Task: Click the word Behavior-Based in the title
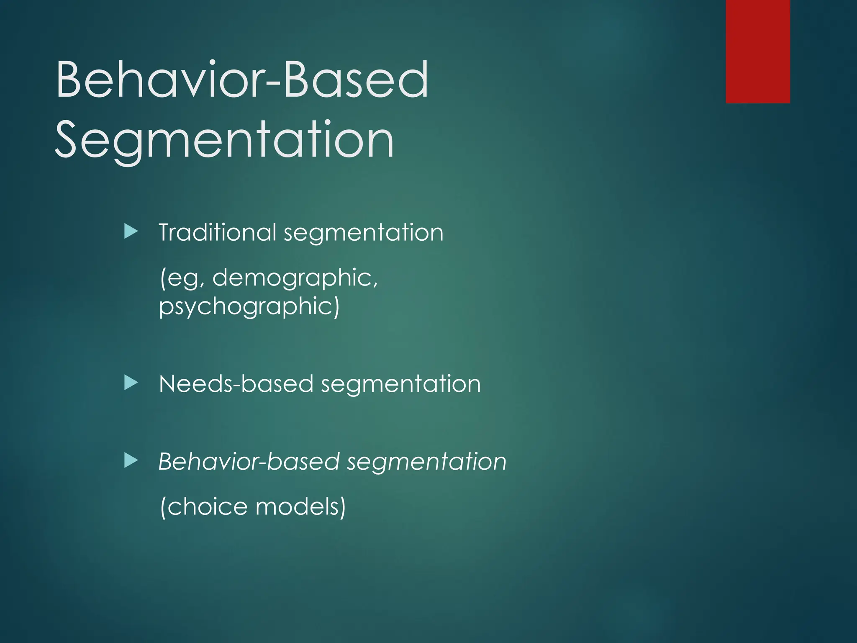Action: click(x=242, y=80)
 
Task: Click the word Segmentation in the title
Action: click(x=224, y=140)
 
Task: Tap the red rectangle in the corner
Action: click(x=757, y=51)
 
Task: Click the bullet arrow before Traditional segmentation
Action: click(x=131, y=231)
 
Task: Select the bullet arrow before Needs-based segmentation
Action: click(x=131, y=383)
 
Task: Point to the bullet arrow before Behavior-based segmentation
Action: click(x=131, y=460)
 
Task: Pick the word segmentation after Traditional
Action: click(x=363, y=234)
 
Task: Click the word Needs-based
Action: click(x=236, y=384)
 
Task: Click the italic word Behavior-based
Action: click(x=249, y=462)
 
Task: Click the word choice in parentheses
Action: click(x=207, y=507)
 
